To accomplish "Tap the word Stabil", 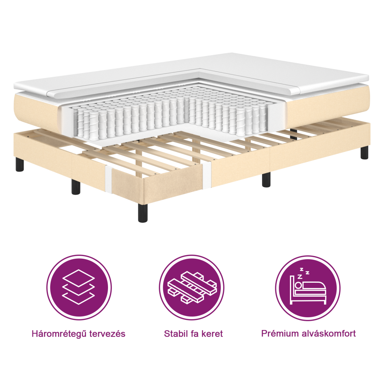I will (177, 334).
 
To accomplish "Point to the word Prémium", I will (279, 333).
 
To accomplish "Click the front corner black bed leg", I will (143, 213).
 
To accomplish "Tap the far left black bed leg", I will (19, 164).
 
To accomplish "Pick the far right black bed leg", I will (364, 152).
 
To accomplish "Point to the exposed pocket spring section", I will (169, 116).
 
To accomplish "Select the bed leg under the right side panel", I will (266, 180).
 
